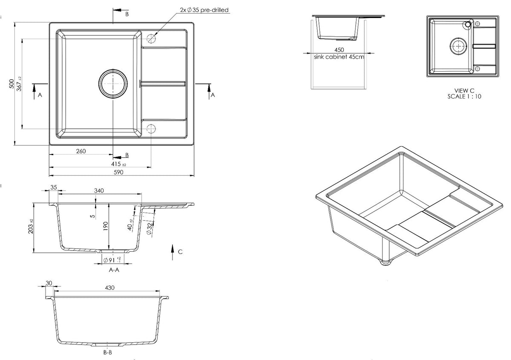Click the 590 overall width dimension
click(x=118, y=172)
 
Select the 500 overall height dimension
click(x=11, y=84)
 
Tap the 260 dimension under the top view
click(x=81, y=151)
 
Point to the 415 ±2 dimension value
click(x=118, y=164)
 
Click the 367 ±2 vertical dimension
click(x=19, y=84)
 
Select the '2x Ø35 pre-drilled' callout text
click(x=204, y=10)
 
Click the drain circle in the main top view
click(x=113, y=84)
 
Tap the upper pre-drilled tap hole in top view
click(x=151, y=38)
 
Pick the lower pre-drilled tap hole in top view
click(x=151, y=129)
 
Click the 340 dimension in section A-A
click(x=99, y=190)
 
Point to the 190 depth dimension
click(x=106, y=226)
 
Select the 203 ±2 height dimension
click(x=31, y=226)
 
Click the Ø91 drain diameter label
click(x=112, y=260)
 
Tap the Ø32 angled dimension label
click(x=149, y=228)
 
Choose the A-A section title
click(x=114, y=270)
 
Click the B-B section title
click(x=108, y=352)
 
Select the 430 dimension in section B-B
click(x=109, y=288)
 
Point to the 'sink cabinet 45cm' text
click(x=339, y=57)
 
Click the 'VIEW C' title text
click(x=464, y=91)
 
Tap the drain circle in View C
click(x=458, y=46)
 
